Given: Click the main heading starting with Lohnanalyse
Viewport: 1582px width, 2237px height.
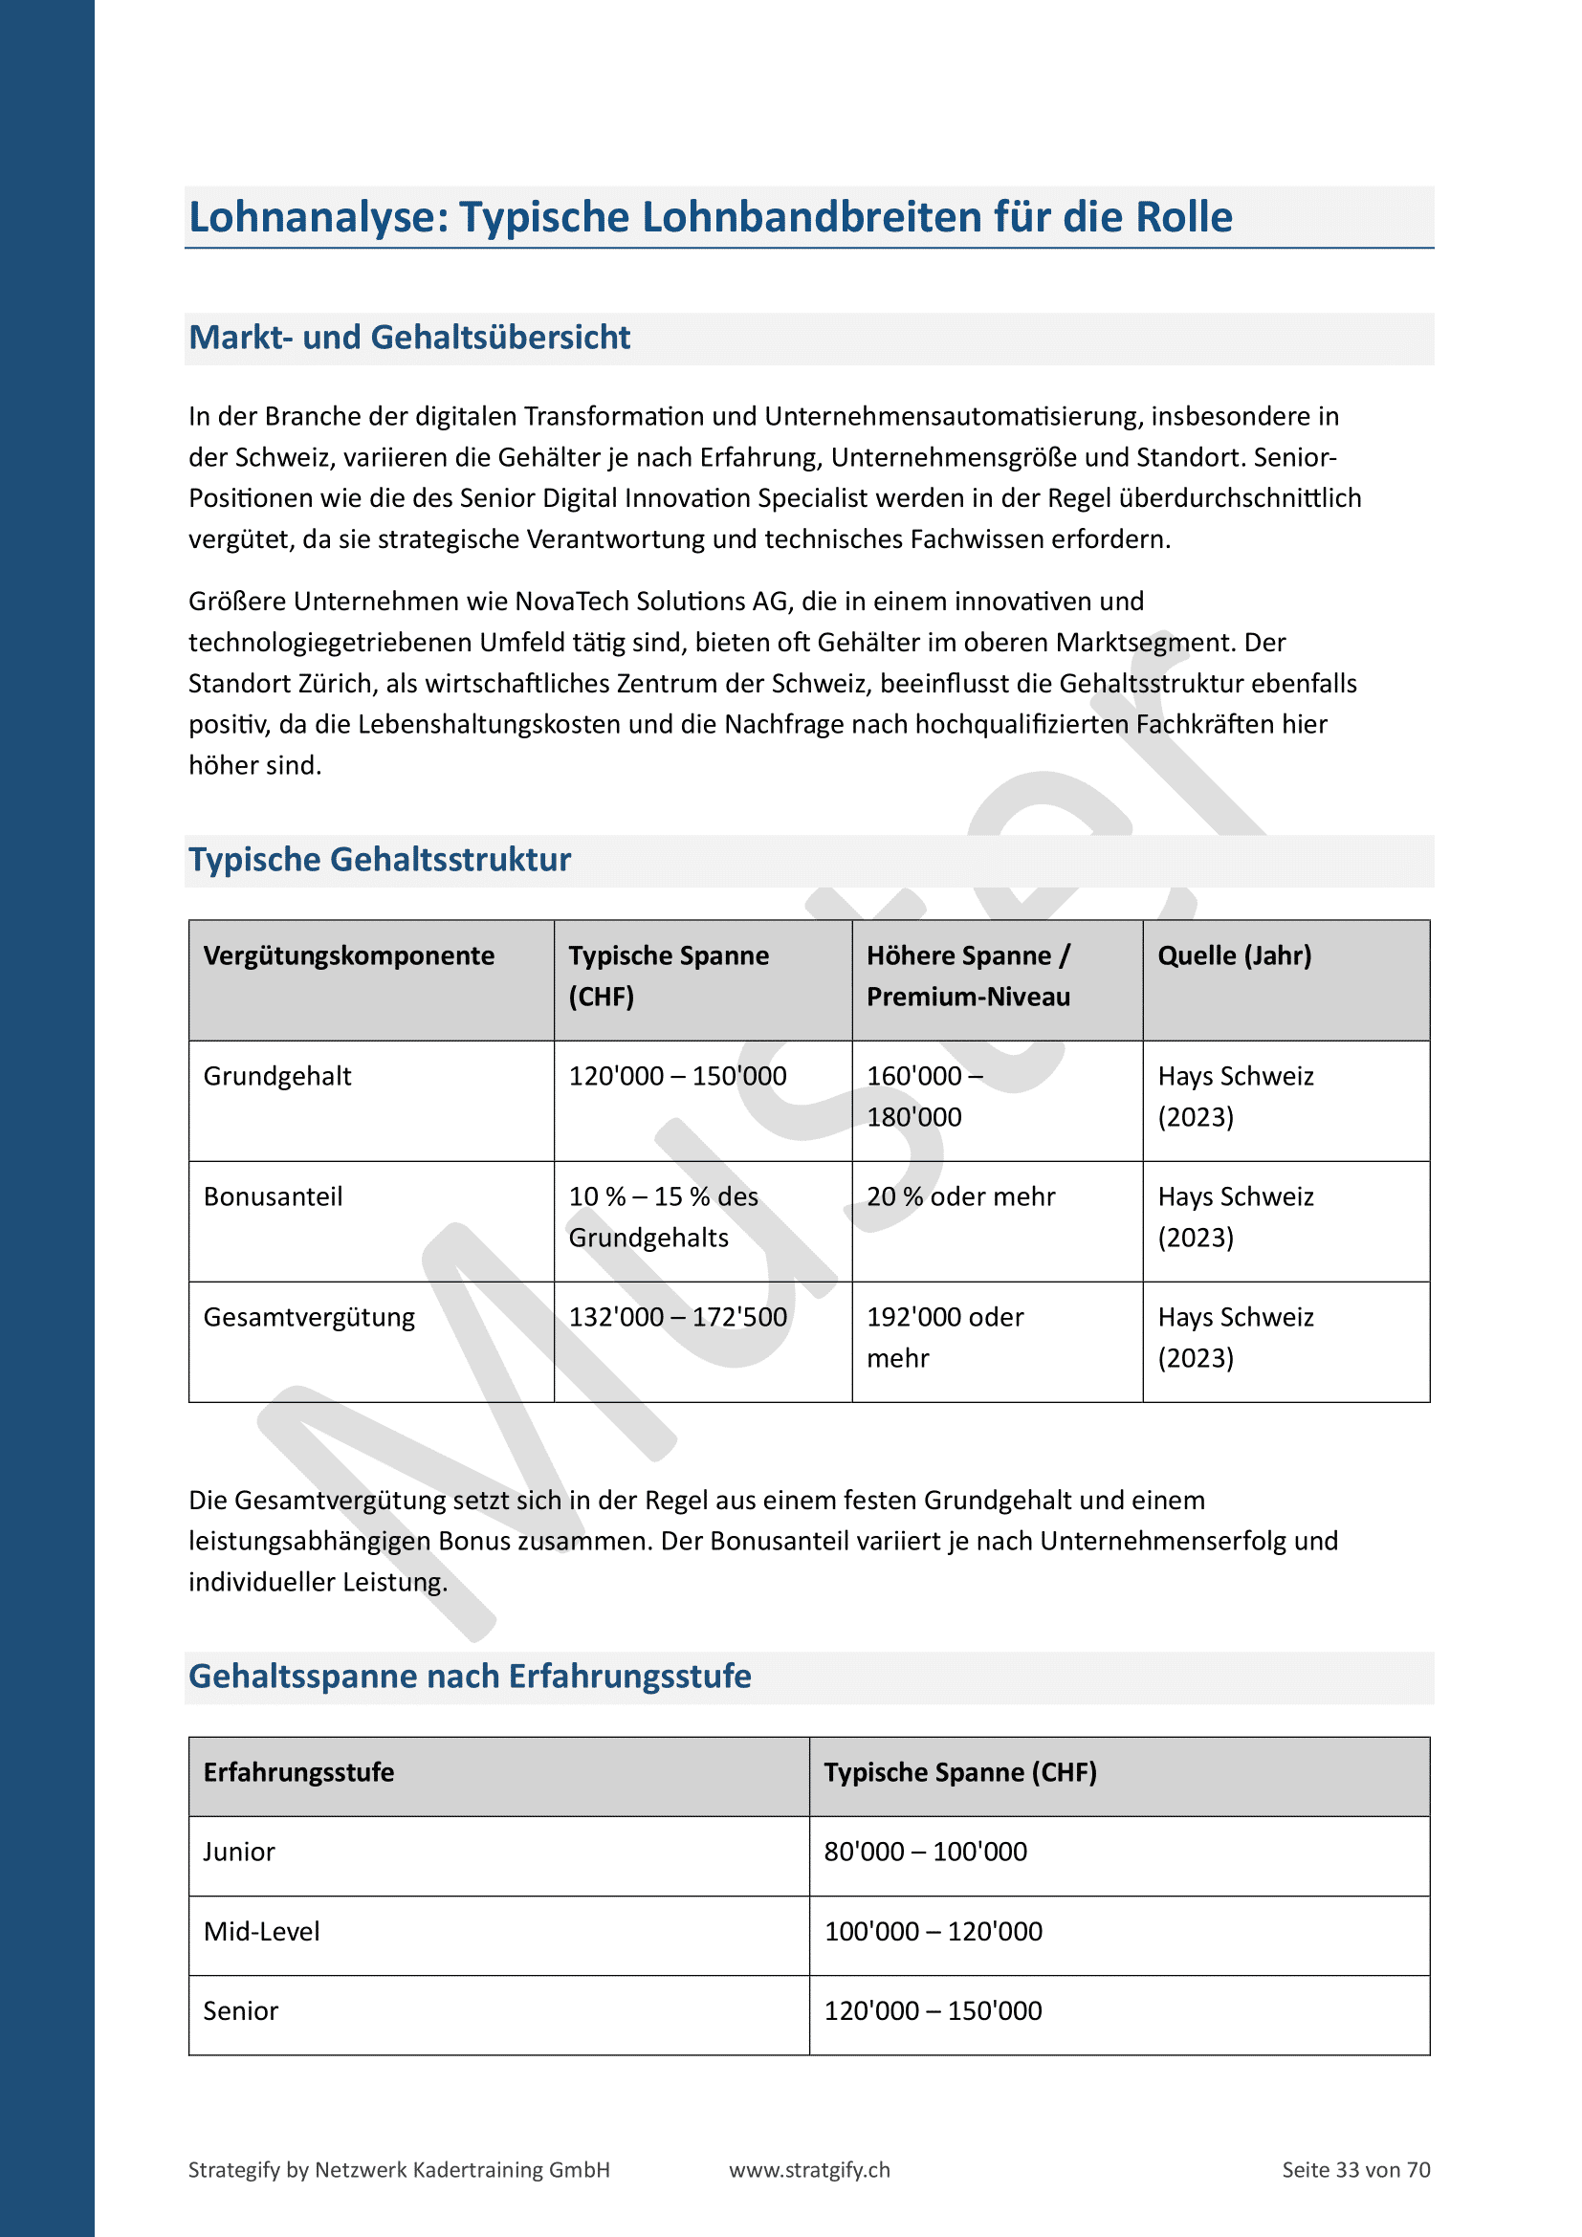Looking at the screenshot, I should pos(710,216).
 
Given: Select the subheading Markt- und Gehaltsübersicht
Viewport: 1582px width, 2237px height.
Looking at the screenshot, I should pos(409,337).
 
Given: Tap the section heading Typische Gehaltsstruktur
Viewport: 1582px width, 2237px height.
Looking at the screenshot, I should pos(379,860).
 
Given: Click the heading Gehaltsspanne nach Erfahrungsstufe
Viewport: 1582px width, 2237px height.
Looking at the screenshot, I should pos(470,1676).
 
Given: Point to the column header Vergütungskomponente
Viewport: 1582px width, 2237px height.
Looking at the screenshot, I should pos(349,955).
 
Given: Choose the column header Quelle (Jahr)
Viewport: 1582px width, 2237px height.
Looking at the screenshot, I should pos(1234,955).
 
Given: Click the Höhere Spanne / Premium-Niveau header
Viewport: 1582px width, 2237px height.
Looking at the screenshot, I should pos(968,976).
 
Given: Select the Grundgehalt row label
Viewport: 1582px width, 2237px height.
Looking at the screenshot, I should pos(276,1077).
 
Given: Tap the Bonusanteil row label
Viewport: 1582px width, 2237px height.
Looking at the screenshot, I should pos(273,1196).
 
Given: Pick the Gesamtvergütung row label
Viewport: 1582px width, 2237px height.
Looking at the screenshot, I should pos(309,1317).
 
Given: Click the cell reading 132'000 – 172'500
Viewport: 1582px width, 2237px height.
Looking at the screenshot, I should pos(677,1317).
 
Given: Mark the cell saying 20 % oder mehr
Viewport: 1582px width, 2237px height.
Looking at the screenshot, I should pos(960,1196).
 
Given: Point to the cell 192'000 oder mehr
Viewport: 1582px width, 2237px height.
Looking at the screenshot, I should pos(945,1337).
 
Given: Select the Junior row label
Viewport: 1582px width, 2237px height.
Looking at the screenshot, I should pos(239,1852).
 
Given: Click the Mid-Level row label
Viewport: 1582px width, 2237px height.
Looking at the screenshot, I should pos(261,1931).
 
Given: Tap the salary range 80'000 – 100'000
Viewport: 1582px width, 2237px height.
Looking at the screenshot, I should pos(926,1852).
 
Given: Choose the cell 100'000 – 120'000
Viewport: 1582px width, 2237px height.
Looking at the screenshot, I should pos(934,1931).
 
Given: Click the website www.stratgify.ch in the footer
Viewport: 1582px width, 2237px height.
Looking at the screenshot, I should pos(809,2170).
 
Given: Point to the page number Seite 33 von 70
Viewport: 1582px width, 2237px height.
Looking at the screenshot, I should pos(1356,2170).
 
